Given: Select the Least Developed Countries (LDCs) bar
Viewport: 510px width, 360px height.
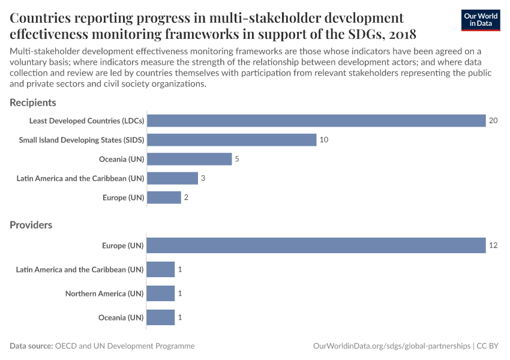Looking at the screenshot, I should click(x=316, y=121).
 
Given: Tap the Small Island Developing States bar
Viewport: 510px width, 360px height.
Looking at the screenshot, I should click(x=232, y=140).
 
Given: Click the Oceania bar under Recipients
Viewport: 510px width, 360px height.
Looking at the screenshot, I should click(x=189, y=159).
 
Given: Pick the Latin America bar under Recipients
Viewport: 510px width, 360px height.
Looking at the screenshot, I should click(x=172, y=178).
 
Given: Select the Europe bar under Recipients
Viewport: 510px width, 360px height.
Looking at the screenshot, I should click(x=164, y=197).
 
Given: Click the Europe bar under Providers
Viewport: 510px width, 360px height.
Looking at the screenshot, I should click(x=316, y=245).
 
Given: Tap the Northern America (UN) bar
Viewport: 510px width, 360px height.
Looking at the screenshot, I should click(x=161, y=293).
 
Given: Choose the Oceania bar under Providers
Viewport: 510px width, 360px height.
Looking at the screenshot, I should click(x=161, y=317).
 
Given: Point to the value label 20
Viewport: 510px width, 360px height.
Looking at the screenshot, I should click(x=493, y=121).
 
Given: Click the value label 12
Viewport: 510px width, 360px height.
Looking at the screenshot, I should click(x=493, y=245).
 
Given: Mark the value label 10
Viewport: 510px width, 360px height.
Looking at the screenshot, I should click(x=324, y=140).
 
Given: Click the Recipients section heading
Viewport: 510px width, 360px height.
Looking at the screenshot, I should click(x=33, y=103).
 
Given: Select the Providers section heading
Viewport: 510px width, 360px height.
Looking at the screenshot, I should click(x=31, y=225).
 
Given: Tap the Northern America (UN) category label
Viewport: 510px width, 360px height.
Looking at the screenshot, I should click(x=104, y=293).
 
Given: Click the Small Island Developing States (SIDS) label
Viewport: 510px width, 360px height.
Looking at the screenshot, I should click(x=82, y=140).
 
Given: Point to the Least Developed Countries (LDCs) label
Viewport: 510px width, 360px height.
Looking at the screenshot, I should click(x=87, y=121).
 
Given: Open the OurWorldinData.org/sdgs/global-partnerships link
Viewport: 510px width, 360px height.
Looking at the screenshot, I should click(x=392, y=346).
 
